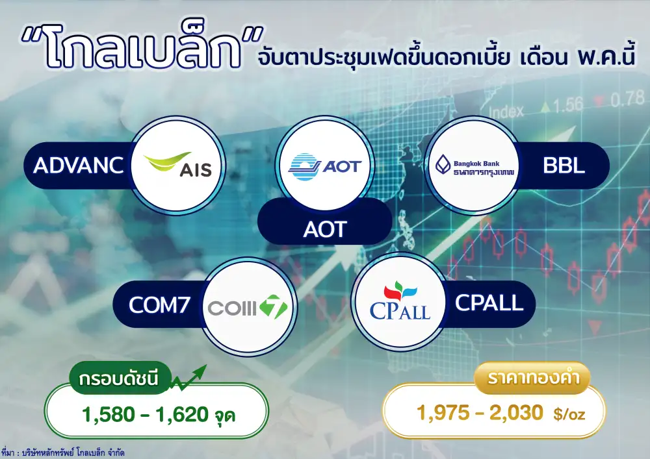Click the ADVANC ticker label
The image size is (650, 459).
click(x=79, y=165)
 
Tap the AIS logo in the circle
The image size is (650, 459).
click(x=177, y=165)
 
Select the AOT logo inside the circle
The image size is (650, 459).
click(x=324, y=166)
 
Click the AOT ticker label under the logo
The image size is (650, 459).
click(x=324, y=229)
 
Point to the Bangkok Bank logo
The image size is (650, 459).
click(x=474, y=166)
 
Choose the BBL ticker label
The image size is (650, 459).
click(x=564, y=166)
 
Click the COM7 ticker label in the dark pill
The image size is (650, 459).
click(x=159, y=305)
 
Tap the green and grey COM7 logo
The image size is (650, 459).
click(x=248, y=306)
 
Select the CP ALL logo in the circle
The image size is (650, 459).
click(x=400, y=301)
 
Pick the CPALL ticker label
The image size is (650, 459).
click(x=489, y=303)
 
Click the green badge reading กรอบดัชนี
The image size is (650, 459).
click(x=120, y=378)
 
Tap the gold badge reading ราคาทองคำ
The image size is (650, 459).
click(x=532, y=377)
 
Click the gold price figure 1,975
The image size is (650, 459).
click(x=443, y=413)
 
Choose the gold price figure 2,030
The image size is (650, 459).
click(x=516, y=413)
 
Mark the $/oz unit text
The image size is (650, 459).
click(x=569, y=414)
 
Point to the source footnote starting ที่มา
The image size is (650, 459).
click(x=62, y=453)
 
